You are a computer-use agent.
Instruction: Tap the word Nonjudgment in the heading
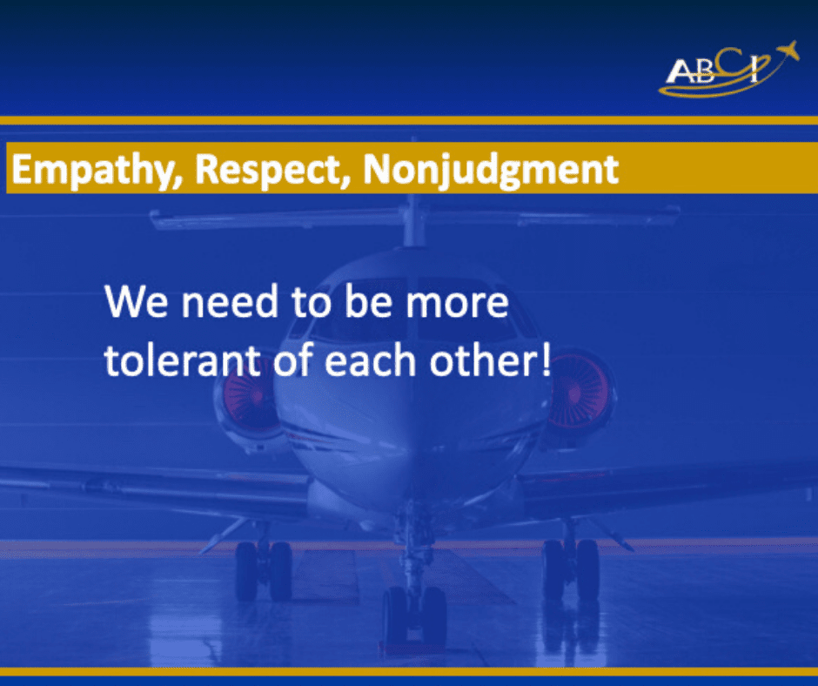click(491, 171)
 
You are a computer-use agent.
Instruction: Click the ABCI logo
click(728, 70)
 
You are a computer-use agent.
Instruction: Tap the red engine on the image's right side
click(580, 391)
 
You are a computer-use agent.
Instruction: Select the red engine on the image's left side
click(245, 397)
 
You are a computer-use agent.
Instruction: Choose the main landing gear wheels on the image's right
click(571, 569)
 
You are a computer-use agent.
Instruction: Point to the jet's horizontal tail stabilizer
click(415, 218)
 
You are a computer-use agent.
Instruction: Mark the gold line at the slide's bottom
click(409, 671)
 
